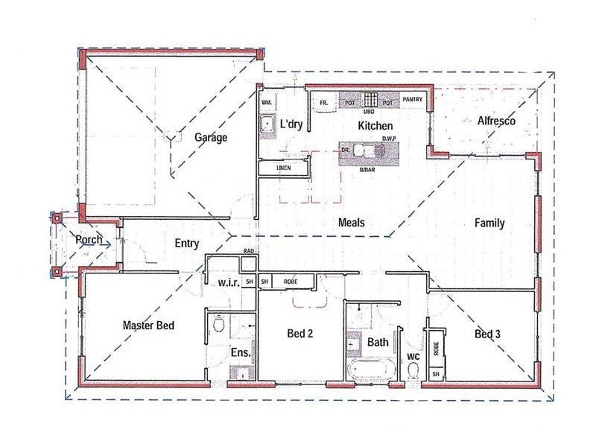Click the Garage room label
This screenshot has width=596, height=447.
coord(211,138)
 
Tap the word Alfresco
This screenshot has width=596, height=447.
coord(488,121)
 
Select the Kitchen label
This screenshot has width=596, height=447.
coord(375,126)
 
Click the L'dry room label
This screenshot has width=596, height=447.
coord(290,125)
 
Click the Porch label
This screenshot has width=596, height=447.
coord(89,240)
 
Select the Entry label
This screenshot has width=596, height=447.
coord(186,243)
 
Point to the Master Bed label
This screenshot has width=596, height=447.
coord(148,325)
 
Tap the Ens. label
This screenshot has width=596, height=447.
coord(241,352)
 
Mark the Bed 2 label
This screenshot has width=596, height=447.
coord(299,333)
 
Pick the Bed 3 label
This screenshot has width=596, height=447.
coord(487,335)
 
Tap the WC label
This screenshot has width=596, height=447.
coord(412,358)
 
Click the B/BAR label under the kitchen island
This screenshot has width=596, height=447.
coord(367,171)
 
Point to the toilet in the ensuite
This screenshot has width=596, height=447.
coord(218,325)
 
